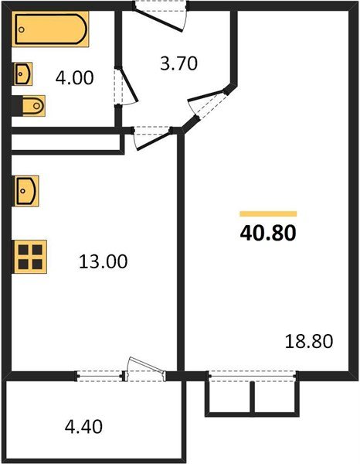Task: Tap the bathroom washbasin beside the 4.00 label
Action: (x=22, y=74)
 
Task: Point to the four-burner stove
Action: (x=31, y=255)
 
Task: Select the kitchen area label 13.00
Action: (x=102, y=261)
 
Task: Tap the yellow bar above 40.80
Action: (x=267, y=213)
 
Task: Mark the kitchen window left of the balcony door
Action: (x=100, y=377)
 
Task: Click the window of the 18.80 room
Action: (x=253, y=377)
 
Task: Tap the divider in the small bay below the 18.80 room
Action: (x=253, y=397)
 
